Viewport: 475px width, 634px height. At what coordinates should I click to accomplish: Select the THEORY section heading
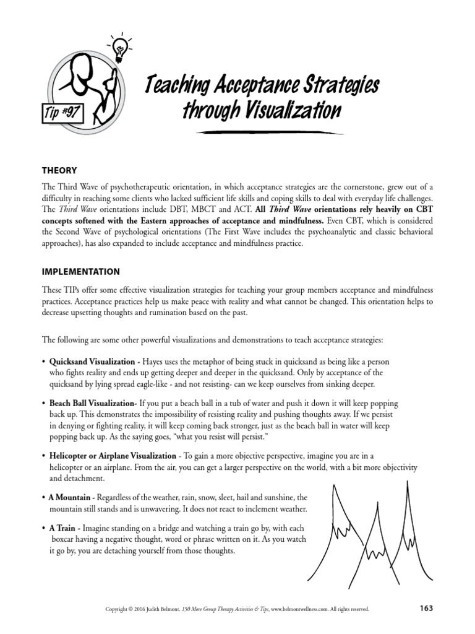point(59,170)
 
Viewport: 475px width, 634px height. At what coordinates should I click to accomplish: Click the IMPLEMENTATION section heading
point(81,271)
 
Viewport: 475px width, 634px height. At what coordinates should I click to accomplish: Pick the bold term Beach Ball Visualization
point(91,402)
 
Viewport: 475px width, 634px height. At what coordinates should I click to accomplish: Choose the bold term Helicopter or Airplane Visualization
point(113,455)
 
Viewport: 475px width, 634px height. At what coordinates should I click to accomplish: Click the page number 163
point(426,608)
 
